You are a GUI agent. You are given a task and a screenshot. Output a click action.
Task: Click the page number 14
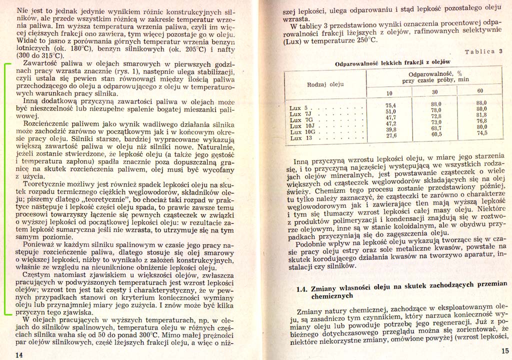point(19,354)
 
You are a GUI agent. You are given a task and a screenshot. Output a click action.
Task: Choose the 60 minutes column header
point(480,90)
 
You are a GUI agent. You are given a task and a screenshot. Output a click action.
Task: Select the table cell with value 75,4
point(390,105)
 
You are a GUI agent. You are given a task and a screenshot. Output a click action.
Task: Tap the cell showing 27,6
point(390,135)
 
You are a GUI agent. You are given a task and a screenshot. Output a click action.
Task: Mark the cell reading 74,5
point(481,133)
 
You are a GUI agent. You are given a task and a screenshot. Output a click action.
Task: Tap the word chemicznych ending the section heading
point(332,296)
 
